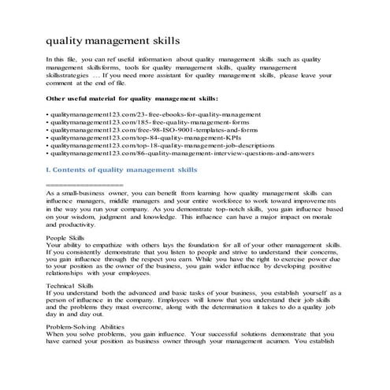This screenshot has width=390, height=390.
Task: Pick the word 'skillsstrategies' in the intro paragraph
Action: (69, 75)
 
